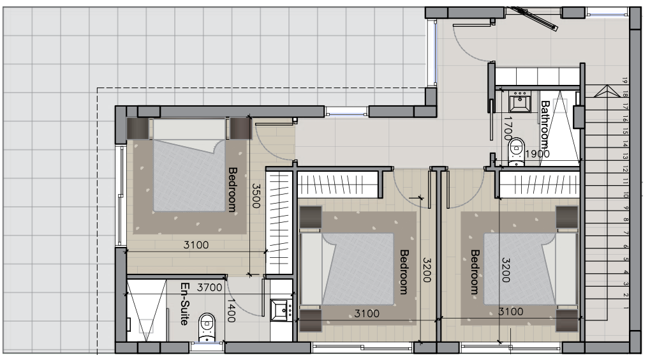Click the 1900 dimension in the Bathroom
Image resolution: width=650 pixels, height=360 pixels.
537,154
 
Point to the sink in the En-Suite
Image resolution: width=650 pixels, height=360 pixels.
280,310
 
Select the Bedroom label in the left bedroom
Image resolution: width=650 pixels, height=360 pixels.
233,189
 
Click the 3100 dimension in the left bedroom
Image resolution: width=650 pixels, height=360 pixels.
195,244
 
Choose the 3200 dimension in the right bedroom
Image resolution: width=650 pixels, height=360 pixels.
506,271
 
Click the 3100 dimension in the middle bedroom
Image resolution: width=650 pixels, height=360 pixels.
367,313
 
